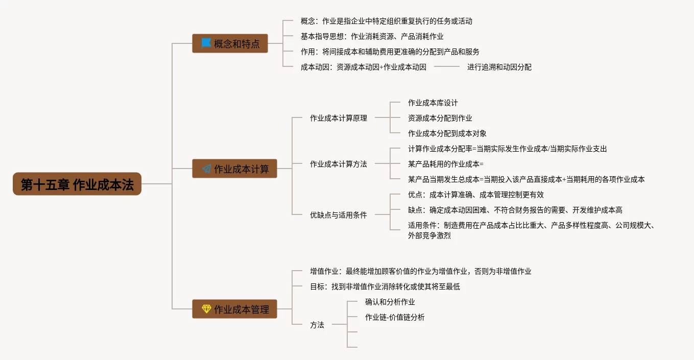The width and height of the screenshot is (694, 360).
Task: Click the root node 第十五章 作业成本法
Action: click(77, 184)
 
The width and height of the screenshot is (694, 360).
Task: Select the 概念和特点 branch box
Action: click(230, 43)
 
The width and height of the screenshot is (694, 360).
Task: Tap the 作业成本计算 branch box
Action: click(234, 169)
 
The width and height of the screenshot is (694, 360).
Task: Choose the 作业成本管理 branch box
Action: click(234, 309)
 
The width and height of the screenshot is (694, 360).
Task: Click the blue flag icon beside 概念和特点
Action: click(206, 43)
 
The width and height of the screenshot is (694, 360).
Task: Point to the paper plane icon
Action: click(206, 169)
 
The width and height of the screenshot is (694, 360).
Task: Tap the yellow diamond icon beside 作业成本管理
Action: click(206, 309)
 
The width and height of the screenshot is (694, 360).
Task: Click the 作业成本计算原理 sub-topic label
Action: click(338, 118)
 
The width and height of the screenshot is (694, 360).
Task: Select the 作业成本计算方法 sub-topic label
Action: click(338, 164)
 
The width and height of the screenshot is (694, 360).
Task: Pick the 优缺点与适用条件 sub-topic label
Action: click(338, 215)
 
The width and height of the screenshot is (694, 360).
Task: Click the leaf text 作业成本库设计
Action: click(433, 103)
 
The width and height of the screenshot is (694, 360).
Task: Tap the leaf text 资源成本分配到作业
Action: click(440, 118)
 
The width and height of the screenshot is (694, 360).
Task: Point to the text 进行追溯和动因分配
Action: click(499, 67)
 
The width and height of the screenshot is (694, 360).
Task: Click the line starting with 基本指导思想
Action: click(372, 36)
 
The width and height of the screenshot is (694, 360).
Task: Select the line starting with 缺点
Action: click(515, 210)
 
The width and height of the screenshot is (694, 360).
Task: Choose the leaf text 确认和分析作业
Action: click(390, 302)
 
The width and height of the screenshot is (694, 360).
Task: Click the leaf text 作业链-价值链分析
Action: click(394, 317)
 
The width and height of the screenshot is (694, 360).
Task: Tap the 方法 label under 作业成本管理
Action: click(317, 325)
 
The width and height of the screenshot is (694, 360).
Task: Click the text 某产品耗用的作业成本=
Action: click(445, 164)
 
